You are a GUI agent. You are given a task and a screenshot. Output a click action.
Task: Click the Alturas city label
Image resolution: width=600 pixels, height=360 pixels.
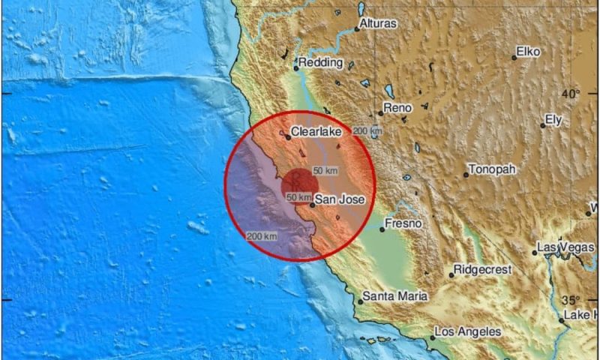pos(378,24)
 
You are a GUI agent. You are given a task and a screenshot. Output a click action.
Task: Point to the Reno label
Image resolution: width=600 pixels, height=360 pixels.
pos(397,109)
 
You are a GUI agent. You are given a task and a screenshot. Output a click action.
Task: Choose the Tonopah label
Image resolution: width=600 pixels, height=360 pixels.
pos(492,169)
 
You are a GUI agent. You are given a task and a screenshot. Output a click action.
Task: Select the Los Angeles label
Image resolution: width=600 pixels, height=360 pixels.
pos(467,331)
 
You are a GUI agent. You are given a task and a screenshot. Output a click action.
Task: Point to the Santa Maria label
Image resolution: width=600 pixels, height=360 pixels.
pos(395,296)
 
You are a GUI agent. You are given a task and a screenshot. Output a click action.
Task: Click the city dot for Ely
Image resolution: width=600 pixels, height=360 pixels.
pos(543,125)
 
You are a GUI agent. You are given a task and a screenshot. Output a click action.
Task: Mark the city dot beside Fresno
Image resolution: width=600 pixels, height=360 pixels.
pos(382,229)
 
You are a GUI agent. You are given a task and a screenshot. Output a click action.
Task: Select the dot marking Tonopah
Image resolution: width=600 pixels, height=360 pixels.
pos(466,175)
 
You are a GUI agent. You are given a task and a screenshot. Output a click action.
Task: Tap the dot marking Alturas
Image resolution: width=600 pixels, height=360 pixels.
pos(358,29)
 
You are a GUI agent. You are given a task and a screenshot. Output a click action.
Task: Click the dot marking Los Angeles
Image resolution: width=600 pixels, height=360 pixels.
pos(432,337)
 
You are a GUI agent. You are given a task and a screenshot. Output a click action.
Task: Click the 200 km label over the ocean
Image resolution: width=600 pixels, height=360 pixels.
pos(262,236)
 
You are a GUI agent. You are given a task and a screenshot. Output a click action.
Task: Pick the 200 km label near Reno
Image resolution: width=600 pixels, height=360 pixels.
pos(367,131)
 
